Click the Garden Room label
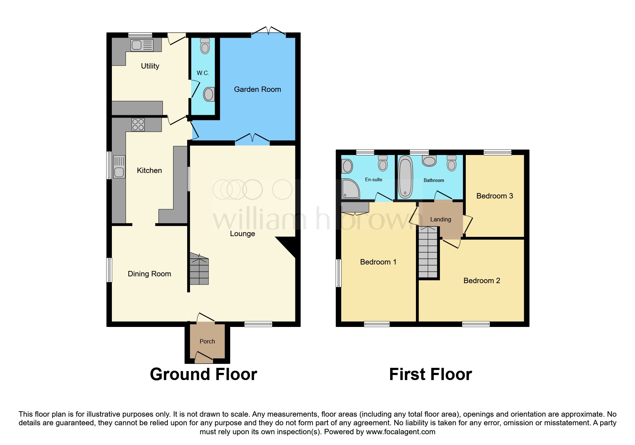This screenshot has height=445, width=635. pos(257,89)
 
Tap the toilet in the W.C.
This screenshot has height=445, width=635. pos(205,46)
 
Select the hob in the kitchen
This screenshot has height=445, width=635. pos(138,125)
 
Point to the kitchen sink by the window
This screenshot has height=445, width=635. pos(119,167)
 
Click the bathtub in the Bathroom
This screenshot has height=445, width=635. pos(406,177)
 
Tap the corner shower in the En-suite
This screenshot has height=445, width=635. pos(350,189)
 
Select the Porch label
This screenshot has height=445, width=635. pos(207,341)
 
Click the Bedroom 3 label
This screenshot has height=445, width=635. pos(494,196)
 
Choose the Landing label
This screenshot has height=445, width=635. pos(440,219)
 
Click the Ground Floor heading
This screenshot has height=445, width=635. pos(203,374)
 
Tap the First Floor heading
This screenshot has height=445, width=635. pos(430,374)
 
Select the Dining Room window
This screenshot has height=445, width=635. pos(109,270)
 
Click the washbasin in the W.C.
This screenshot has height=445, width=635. pos(209,95)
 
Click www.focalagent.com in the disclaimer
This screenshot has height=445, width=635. pos(401,432)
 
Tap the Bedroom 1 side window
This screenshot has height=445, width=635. pos(338,273)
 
